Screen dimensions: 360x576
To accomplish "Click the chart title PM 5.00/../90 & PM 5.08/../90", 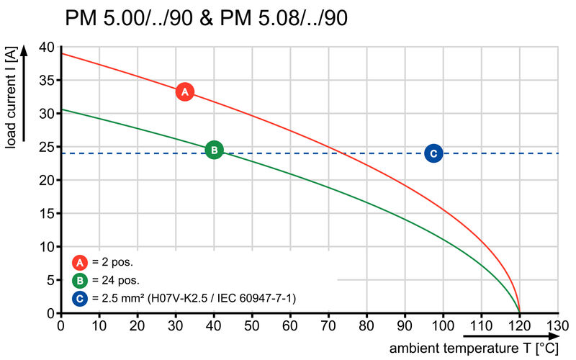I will point(207,19).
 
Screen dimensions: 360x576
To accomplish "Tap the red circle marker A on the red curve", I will point(184,91).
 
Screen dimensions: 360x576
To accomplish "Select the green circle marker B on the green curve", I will point(214,150).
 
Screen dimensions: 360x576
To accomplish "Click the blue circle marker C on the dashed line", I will point(433,153).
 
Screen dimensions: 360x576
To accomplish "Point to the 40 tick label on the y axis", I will point(46,48).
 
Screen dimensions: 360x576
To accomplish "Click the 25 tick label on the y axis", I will point(46,148).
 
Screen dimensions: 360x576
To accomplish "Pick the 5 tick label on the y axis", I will point(50,280).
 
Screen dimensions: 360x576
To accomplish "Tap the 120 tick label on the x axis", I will point(519,325).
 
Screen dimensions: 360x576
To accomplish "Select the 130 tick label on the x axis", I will point(557,325).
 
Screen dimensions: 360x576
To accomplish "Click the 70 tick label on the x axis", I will point(328,325).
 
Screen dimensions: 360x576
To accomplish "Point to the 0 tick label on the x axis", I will point(60,325).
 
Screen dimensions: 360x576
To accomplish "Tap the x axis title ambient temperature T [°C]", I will point(474,348).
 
